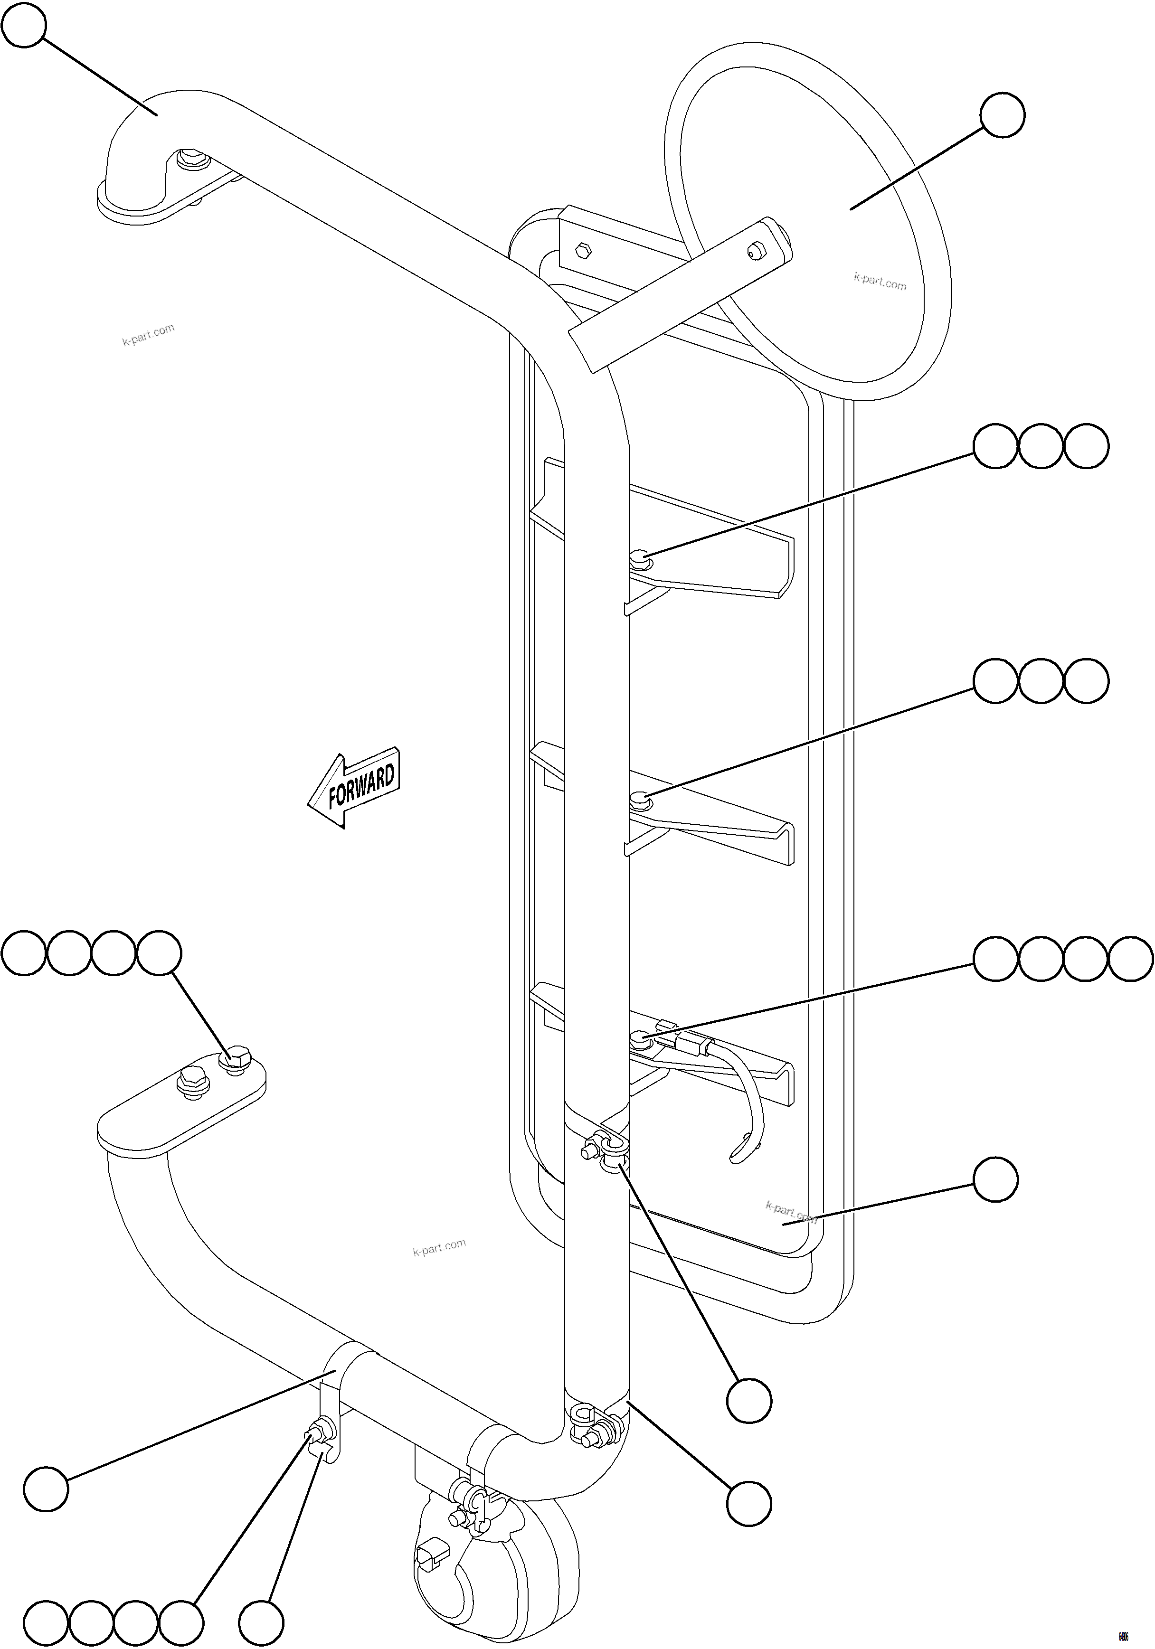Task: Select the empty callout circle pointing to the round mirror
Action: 1002,115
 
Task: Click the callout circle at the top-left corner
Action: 24,25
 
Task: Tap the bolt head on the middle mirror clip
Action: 639,798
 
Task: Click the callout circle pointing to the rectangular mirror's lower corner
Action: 995,1178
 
